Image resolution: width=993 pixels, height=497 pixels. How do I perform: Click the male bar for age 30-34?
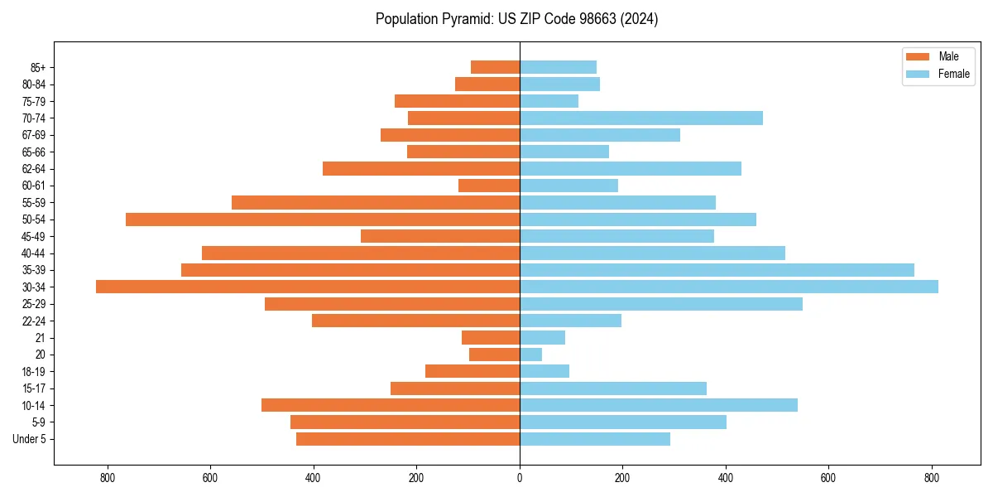308,287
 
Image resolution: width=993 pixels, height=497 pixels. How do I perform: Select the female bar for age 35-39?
717,270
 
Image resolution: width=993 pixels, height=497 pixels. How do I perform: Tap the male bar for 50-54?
323,220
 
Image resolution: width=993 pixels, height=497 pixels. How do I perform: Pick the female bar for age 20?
530,355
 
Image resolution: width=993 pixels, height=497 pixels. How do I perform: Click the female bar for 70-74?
641,118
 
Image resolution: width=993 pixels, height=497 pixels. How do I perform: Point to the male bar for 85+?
495,67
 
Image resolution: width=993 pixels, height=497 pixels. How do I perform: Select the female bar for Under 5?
595,439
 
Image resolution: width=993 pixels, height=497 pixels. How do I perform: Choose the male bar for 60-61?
489,186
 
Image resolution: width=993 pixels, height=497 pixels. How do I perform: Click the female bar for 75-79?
549,101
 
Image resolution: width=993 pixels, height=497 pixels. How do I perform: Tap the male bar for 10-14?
391,405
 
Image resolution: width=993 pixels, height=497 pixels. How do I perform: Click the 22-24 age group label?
34,321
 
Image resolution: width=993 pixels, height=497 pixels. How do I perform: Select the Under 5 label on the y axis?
30,439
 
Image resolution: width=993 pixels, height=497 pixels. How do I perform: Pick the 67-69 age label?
34,135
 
